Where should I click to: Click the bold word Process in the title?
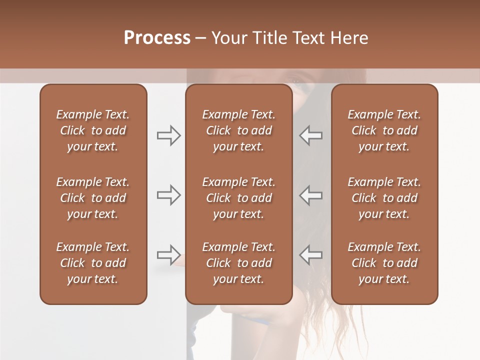[157, 37]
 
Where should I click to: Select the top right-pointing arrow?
[168, 135]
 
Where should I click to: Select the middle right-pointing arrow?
[168, 194]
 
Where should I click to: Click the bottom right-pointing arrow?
[168, 255]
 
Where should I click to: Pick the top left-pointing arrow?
[311, 135]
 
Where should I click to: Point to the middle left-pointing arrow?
[311, 194]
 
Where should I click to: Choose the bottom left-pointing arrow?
[311, 255]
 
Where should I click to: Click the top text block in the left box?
[93, 130]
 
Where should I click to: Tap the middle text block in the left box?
[93, 198]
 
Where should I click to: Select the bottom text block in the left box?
[93, 263]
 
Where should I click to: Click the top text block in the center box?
[238, 130]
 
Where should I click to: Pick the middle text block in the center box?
[238, 198]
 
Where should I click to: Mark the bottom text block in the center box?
[238, 263]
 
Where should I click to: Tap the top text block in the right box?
[384, 130]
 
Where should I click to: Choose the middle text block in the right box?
[384, 198]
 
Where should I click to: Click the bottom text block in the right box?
[384, 263]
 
